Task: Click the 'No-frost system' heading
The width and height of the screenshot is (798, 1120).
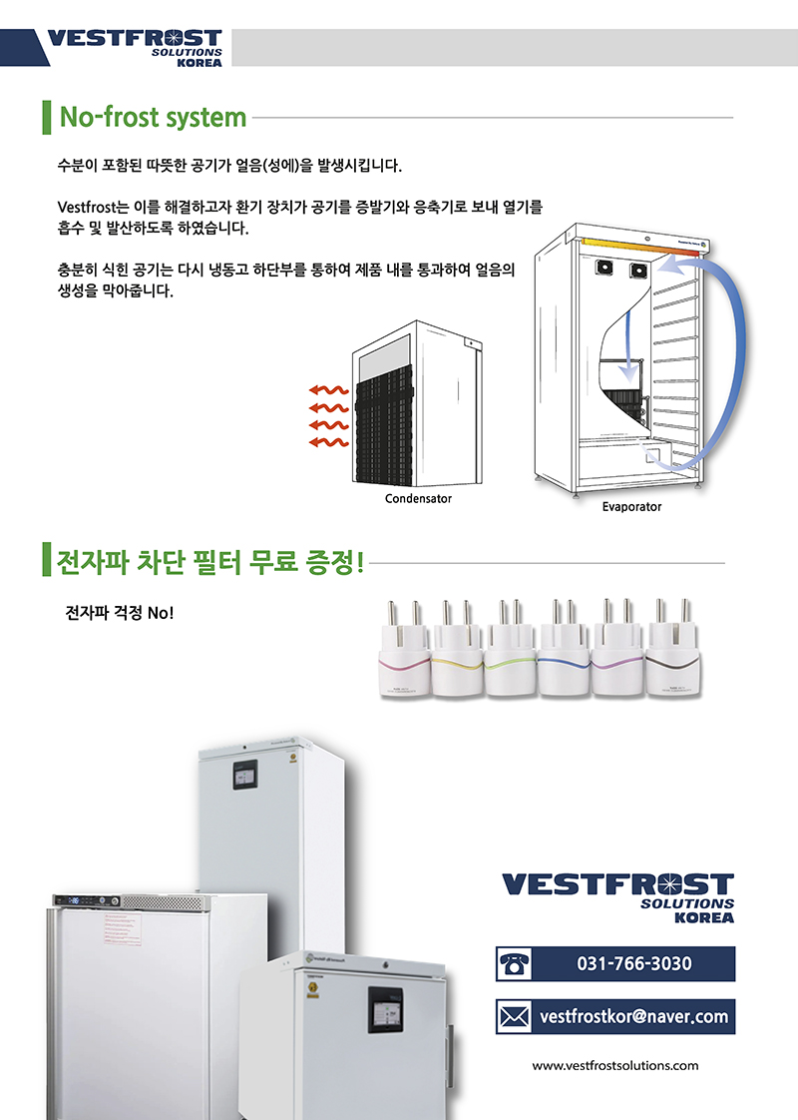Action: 153,118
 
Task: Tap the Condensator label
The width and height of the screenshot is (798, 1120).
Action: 418,498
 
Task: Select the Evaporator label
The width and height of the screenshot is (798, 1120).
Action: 631,507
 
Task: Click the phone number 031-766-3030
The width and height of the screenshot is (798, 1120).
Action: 634,964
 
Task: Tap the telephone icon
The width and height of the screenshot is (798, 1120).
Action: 515,964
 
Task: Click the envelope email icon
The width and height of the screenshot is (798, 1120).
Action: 515,1017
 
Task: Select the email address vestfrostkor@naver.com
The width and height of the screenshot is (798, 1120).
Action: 634,1017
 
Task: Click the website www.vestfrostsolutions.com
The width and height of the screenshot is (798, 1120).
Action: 615,1065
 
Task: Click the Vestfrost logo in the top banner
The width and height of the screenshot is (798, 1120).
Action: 135,47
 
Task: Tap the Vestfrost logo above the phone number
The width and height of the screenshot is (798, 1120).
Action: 618,896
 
